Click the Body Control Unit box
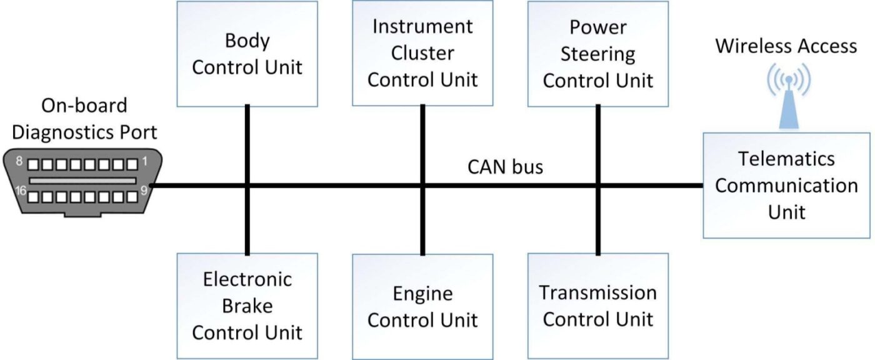point(247,54)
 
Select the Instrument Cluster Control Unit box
point(422,53)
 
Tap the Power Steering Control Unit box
point(598,54)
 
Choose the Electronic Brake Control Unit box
point(247,306)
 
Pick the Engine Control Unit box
point(422,307)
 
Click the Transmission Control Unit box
point(598,306)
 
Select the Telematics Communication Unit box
point(787,186)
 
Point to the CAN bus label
point(505,167)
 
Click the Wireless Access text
point(786,46)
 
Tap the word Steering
point(597,54)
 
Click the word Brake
point(247,306)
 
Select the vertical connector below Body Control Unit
point(247,144)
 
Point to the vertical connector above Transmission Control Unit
point(598,221)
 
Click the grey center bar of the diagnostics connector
point(82,181)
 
